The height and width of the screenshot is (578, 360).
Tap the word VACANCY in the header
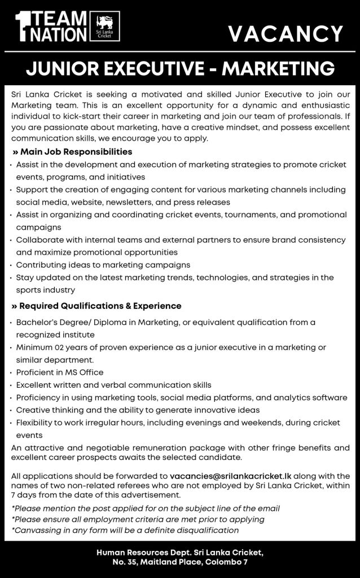pos(286,34)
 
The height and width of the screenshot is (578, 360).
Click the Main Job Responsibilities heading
pos(73,152)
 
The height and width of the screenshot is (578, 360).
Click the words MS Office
pos(84,373)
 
